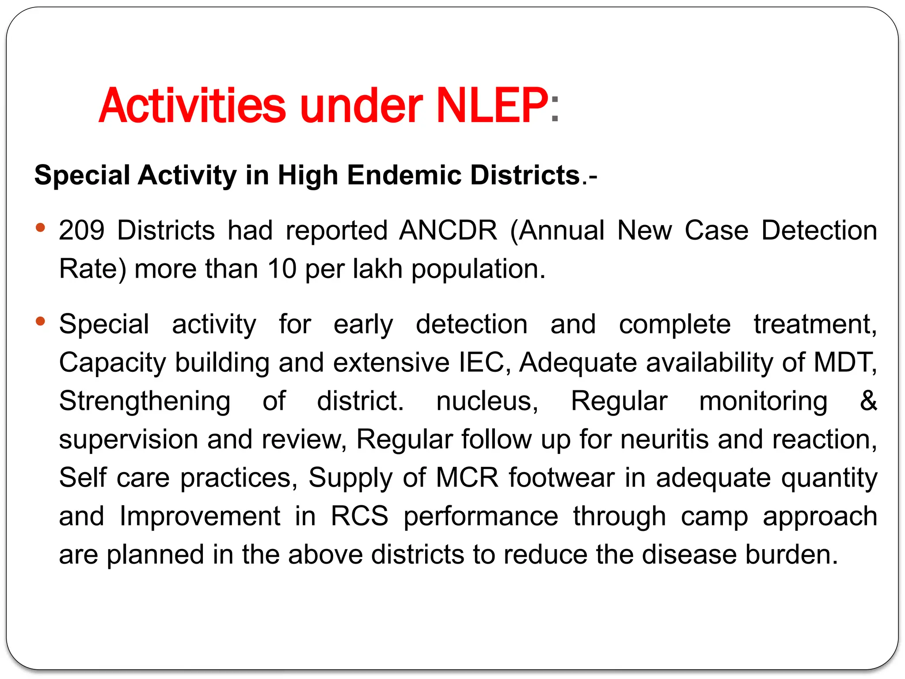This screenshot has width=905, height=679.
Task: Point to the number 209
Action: pyautogui.click(x=82, y=230)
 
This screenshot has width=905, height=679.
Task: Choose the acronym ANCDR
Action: pyautogui.click(x=448, y=230)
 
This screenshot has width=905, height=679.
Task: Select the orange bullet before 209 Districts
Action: pyautogui.click(x=41, y=228)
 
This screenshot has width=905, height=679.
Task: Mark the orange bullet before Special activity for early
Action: pyautogui.click(x=41, y=321)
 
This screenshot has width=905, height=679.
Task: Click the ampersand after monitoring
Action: pyautogui.click(x=868, y=401)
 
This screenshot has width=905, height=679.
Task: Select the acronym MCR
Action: pyautogui.click(x=467, y=478)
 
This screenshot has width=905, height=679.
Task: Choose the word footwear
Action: pyautogui.click(x=561, y=478)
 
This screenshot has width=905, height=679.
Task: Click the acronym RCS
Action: pyautogui.click(x=359, y=516)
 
